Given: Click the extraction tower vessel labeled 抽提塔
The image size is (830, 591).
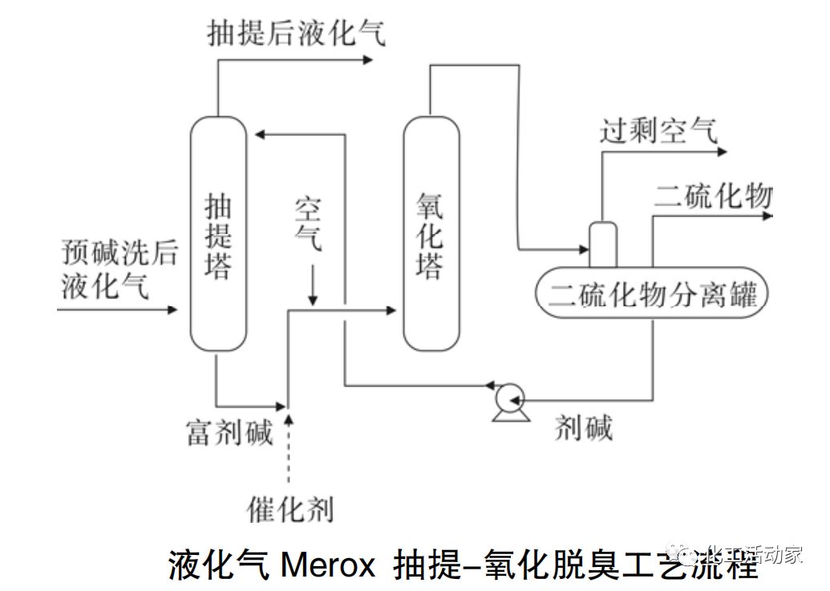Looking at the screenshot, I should pos(217,233).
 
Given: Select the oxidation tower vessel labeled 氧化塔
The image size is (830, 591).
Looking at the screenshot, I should pos(431,233).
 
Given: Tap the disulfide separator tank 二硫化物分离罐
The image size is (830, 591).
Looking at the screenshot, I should pos(651,294).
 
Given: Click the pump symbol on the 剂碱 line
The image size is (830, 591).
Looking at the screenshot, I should pos(508,397).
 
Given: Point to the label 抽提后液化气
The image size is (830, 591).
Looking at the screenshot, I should pos(296,33).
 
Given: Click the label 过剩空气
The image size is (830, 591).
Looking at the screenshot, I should pos(659,130).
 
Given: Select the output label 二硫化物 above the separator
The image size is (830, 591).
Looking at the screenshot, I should pos(713,195).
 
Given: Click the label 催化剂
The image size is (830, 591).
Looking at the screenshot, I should pos(289,508).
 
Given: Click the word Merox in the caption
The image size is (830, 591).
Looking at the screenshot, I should pos(328,566).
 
